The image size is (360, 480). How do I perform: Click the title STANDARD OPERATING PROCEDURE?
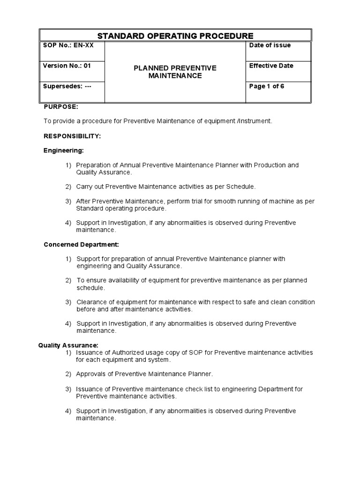175,36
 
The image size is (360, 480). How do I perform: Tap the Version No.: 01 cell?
67,66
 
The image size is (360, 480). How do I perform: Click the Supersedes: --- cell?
67,87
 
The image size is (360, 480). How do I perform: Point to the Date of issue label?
270,45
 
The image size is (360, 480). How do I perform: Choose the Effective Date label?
271,66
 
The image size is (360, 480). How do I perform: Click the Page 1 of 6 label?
267,87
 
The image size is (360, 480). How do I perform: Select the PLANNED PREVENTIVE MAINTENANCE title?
175,72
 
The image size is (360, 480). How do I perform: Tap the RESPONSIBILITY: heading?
72,136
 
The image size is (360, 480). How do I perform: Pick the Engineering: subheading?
64,150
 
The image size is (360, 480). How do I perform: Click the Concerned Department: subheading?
81,244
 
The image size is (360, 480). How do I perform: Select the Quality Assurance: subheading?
68,345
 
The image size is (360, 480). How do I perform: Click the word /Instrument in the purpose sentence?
255,121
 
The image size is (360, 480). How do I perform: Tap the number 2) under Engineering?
68,187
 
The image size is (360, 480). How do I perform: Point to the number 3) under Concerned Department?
68,302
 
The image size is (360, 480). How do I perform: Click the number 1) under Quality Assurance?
68,352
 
